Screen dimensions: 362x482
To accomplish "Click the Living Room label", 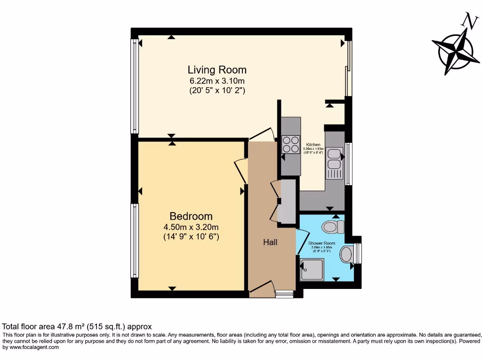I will pos(217,70).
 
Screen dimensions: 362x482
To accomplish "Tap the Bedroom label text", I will pos(191,216).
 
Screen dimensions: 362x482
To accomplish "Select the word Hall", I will pos(270,242).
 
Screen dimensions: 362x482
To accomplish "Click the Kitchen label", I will pos(313,145).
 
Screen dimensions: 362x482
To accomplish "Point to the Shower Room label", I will pos(322,244).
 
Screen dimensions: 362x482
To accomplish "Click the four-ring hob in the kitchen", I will pos(291,144).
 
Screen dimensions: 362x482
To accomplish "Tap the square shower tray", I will pos(312,269).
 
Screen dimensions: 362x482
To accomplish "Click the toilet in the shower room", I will pos(333,227).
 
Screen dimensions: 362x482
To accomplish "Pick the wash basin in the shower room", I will pos(347,255).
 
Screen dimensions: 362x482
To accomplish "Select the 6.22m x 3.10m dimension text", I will pos(217,81).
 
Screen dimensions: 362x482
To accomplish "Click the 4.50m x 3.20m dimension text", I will pos(191,227).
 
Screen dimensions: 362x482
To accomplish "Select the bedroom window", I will pos(135,240).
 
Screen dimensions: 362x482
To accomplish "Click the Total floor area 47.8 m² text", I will pos(77,326).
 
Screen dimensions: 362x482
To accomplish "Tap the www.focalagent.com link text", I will pos(31,347).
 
